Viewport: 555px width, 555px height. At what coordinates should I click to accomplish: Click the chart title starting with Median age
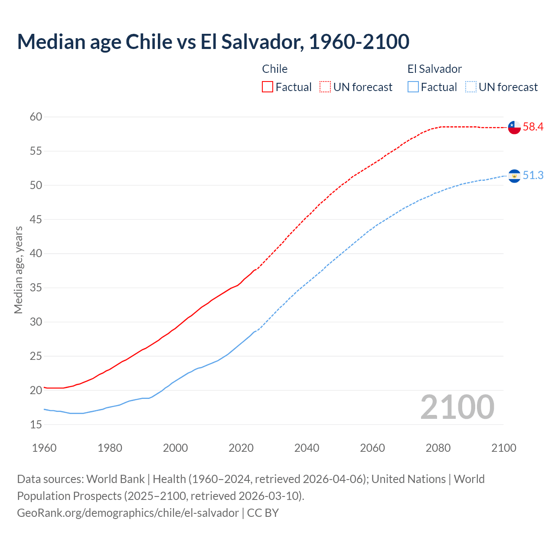pyautogui.click(x=213, y=42)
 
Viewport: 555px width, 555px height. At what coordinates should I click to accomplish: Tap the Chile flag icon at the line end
pyautogui.click(x=514, y=127)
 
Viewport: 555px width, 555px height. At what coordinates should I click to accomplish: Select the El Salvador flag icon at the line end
pyautogui.click(x=514, y=176)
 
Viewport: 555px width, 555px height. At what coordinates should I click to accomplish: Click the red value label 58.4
pyautogui.click(x=533, y=127)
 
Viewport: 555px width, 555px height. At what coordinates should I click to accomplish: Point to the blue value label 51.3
pyautogui.click(x=533, y=175)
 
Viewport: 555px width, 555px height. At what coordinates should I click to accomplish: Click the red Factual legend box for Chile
pyautogui.click(x=268, y=87)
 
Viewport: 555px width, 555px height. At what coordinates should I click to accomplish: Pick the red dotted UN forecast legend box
pyautogui.click(x=325, y=87)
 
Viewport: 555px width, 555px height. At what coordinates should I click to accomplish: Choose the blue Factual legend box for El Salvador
pyautogui.click(x=413, y=87)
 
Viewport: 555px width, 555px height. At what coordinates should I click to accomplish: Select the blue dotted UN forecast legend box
pyautogui.click(x=471, y=87)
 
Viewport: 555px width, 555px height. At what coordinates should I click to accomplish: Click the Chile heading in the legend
pyautogui.click(x=275, y=69)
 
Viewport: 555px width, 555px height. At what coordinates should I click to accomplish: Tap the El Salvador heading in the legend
pyautogui.click(x=434, y=69)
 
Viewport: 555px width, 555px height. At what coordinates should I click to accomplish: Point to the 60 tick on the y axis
pyautogui.click(x=36, y=117)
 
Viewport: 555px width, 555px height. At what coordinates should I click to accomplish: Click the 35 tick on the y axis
pyautogui.click(x=36, y=287)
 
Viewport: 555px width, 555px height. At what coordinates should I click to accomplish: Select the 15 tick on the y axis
pyautogui.click(x=36, y=424)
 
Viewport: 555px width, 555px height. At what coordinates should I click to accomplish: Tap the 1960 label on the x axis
pyautogui.click(x=44, y=448)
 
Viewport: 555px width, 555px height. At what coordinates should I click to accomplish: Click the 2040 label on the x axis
pyautogui.click(x=307, y=448)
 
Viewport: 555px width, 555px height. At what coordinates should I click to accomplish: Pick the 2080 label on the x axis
pyautogui.click(x=438, y=448)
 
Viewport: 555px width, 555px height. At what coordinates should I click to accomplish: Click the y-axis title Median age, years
pyautogui.click(x=18, y=270)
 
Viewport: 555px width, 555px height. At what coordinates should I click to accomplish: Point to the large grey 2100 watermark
pyautogui.click(x=457, y=407)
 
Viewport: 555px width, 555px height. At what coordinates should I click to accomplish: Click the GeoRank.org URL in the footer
pyautogui.click(x=128, y=513)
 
